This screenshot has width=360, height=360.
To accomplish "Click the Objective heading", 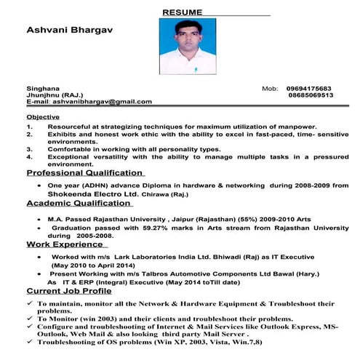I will click(x=44, y=116).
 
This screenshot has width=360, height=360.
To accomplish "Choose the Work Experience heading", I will click(x=65, y=244).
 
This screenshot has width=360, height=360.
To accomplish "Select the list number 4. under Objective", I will click(x=30, y=156).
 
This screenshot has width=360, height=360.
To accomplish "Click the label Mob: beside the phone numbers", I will click(x=270, y=88).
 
